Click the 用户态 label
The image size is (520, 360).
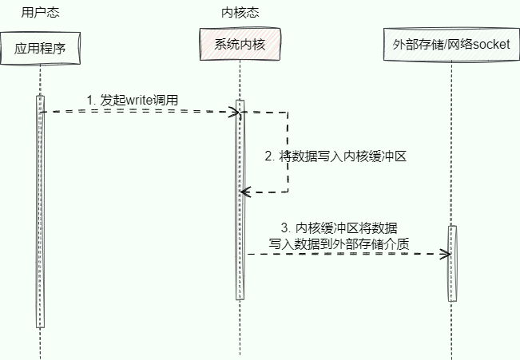coord(40,13)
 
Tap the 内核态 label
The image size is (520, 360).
coord(240,13)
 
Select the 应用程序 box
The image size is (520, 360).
coord(39,48)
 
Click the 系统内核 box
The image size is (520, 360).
coord(239,44)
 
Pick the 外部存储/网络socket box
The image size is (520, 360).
coord(451,44)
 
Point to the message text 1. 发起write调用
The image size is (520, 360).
coord(133,100)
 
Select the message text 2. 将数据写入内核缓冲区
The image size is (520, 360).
coord(335,156)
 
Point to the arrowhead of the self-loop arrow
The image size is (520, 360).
coord(244,192)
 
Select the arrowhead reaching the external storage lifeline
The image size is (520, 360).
coord(447,254)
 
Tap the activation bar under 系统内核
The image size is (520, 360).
coord(239,200)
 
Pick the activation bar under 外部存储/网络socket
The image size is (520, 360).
coord(451,263)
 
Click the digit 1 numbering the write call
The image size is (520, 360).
coord(90,100)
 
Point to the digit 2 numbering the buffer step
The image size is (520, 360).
coord(268,156)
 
